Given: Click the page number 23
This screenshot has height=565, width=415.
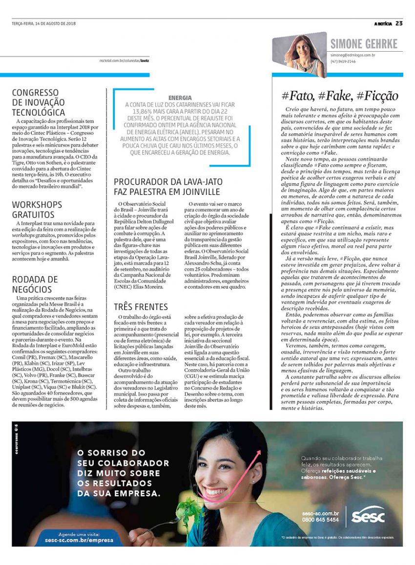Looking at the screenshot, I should tap(399, 23).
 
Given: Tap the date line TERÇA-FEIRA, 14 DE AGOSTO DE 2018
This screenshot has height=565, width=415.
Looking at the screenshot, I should tap(44, 23).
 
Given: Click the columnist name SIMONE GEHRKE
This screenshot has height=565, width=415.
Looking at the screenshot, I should tap(364, 44).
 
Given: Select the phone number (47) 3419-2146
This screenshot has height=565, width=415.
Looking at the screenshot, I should tap(343, 62).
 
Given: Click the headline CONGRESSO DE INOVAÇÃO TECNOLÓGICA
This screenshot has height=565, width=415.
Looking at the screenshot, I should tap(38, 102).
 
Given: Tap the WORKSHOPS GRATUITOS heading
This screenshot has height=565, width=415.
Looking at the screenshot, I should tap(37, 209).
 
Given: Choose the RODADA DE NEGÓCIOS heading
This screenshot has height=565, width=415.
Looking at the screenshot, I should tap(35, 284).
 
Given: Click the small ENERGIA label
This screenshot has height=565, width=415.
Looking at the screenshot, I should tap(180, 98).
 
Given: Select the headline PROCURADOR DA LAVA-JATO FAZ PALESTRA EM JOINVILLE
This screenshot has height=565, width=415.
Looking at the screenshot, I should tap(167, 187).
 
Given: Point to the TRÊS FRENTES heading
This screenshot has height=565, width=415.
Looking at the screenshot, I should tap(141, 307).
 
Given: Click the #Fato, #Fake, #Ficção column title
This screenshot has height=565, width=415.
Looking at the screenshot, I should tap(340, 96).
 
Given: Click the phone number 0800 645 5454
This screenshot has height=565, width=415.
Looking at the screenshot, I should tap(320, 520).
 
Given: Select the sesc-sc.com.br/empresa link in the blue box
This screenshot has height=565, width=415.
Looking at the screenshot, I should tap(79, 540).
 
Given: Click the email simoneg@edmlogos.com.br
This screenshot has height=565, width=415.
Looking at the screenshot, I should tap(353, 56).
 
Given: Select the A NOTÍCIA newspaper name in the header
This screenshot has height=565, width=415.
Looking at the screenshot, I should tap(383, 23).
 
